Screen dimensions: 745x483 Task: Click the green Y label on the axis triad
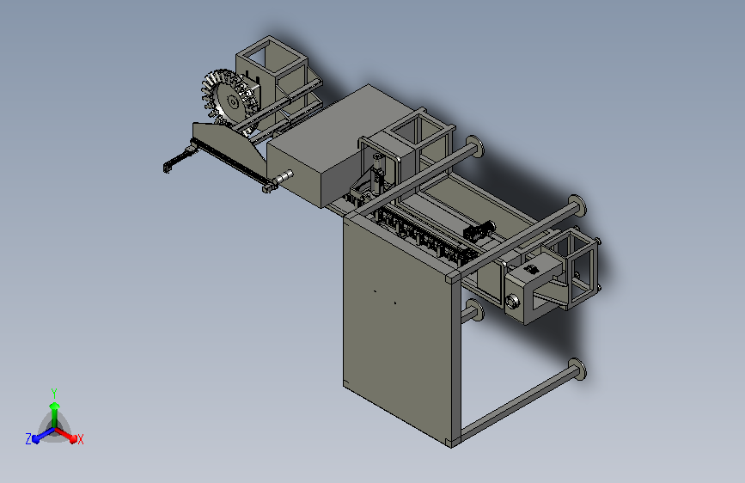tap(54, 393)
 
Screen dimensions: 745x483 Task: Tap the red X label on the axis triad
tap(80, 439)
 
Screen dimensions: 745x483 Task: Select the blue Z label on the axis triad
tap(28, 439)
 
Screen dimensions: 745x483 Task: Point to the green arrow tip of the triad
tap(55, 406)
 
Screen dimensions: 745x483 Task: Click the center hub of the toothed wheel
tap(232, 101)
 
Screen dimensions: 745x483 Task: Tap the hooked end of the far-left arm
tap(168, 167)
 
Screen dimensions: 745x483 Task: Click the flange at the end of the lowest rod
tap(577, 370)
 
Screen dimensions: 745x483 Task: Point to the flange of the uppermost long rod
tap(475, 146)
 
